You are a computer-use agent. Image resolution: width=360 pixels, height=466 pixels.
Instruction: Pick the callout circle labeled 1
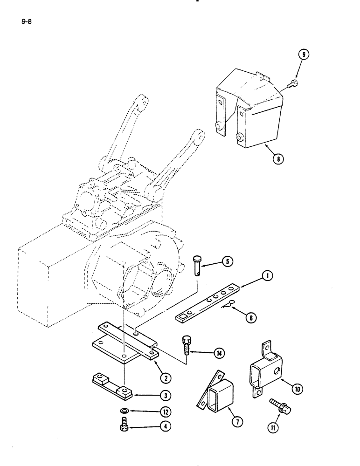(x=266, y=276)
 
